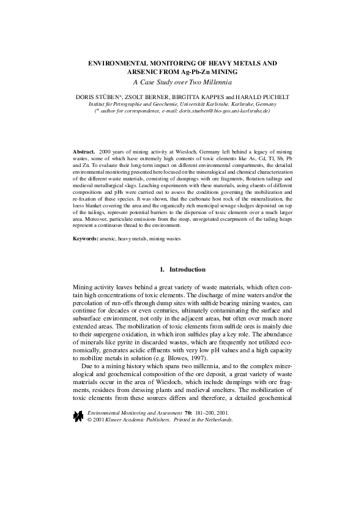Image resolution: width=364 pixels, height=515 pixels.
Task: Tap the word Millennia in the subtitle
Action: coord(219,81)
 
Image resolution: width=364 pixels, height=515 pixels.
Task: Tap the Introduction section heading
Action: coord(187,270)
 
